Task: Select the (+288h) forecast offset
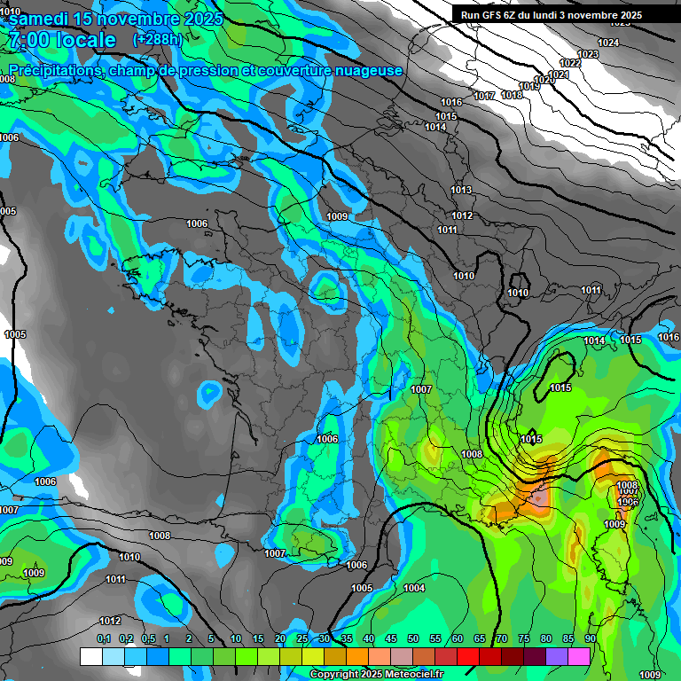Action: click(x=157, y=39)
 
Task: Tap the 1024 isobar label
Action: click(x=608, y=43)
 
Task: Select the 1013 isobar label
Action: click(x=461, y=191)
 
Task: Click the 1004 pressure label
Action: click(x=414, y=589)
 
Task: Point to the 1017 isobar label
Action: click(x=484, y=96)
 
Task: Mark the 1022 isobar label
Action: click(x=570, y=63)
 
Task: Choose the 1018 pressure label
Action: click(x=512, y=95)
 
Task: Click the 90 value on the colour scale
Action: click(x=590, y=639)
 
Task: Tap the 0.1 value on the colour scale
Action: click(x=103, y=639)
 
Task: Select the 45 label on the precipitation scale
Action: click(x=391, y=639)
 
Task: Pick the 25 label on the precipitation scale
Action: click(x=302, y=639)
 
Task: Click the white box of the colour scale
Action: click(x=91, y=656)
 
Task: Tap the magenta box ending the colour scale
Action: click(x=579, y=656)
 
